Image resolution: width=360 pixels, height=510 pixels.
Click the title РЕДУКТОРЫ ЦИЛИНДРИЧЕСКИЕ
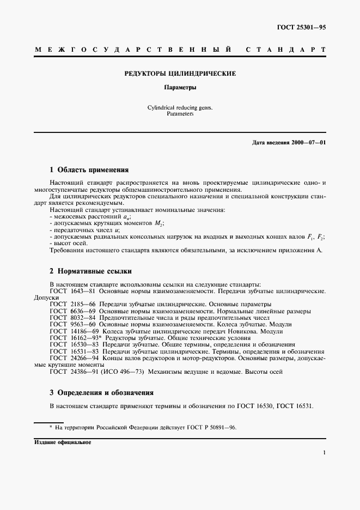[180, 73]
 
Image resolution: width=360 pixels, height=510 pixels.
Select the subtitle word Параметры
[180, 87]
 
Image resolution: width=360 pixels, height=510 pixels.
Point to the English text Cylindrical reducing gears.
[180, 108]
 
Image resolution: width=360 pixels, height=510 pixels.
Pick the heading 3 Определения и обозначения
[102, 392]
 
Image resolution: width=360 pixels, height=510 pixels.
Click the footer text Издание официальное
[62, 442]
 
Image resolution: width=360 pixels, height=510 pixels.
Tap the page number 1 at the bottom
[324, 452]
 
